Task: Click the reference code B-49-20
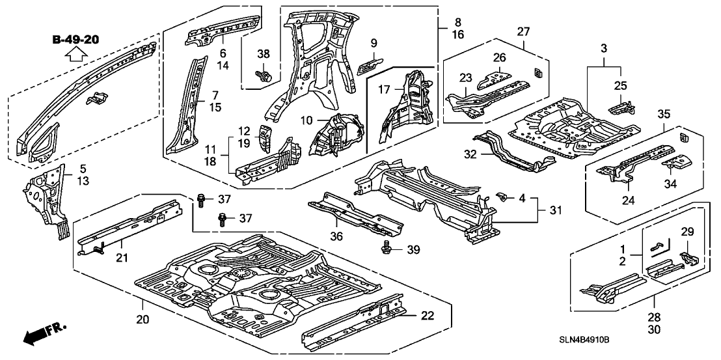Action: pos(76,40)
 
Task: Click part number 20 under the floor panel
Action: pos(143,320)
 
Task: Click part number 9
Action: pos(374,43)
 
